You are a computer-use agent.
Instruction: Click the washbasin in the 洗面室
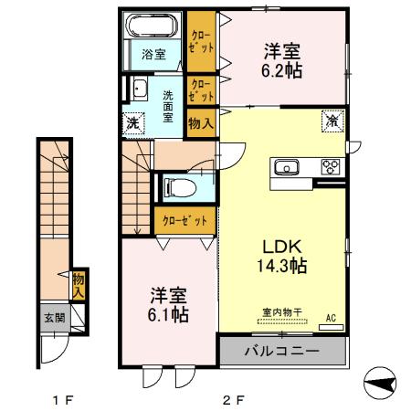coord(140,90)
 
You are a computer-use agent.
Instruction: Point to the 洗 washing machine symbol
coord(133,121)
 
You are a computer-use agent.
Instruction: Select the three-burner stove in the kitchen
coord(330,167)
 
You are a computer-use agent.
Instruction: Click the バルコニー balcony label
coord(282,351)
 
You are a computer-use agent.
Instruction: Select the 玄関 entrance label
coord(54,319)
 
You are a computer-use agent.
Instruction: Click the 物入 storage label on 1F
coord(79,285)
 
